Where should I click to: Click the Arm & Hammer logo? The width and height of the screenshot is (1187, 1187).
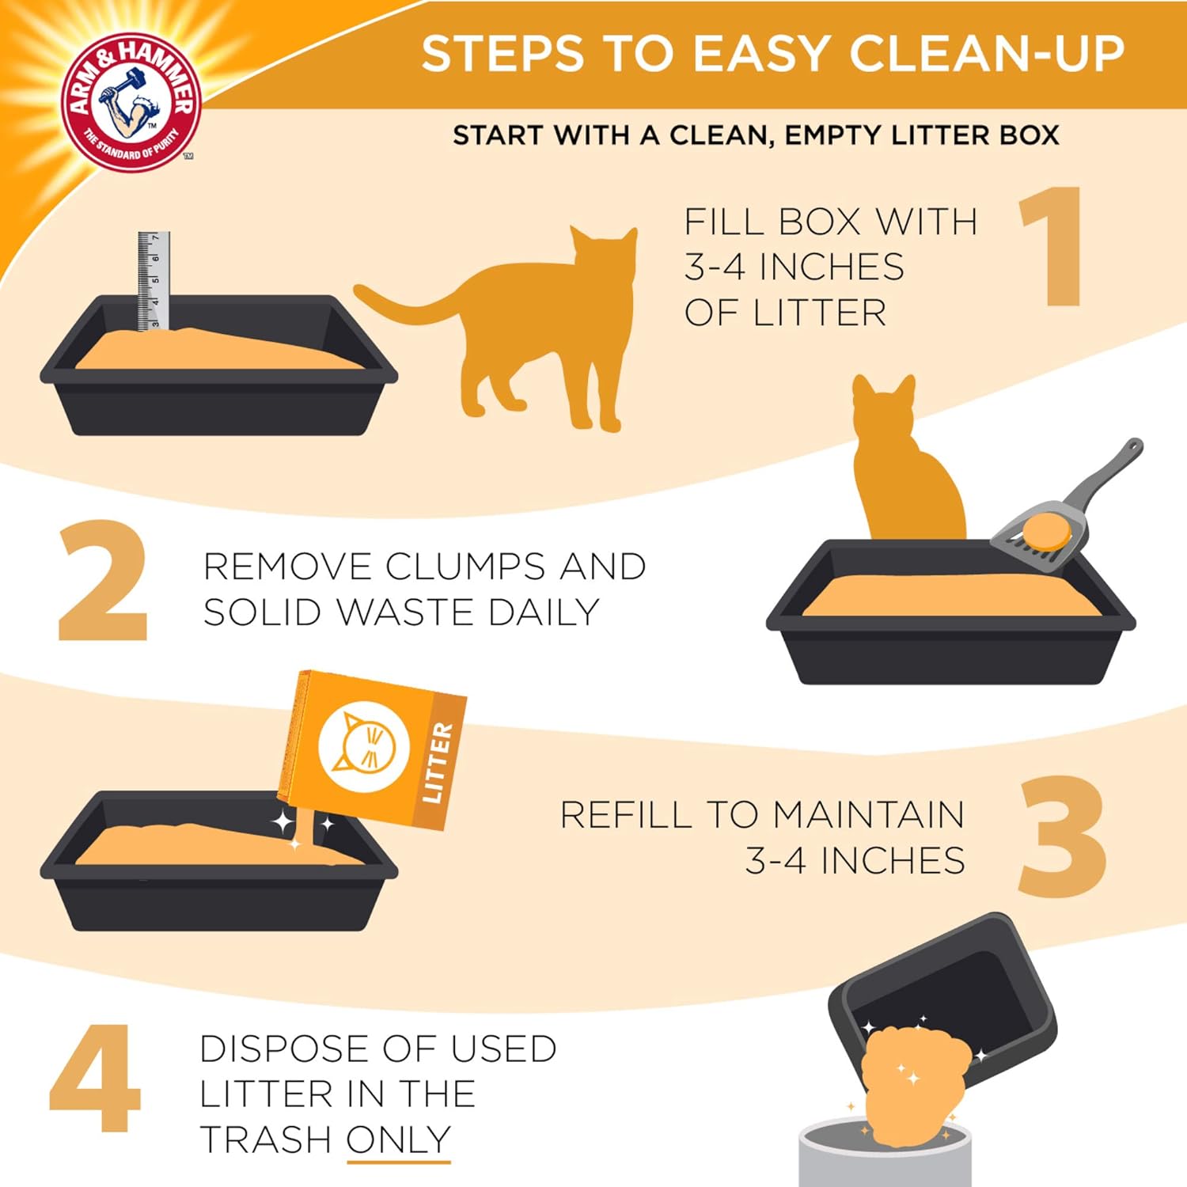pyautogui.click(x=131, y=101)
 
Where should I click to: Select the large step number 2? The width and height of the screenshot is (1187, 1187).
pyautogui.click(x=103, y=582)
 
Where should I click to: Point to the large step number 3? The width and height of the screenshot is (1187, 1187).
pyautogui.click(x=1062, y=837)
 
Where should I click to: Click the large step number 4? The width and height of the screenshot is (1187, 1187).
pyautogui.click(x=95, y=1078)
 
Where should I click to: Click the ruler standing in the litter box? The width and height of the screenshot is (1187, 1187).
pyautogui.click(x=154, y=281)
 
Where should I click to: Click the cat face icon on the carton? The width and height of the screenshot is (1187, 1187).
pyautogui.click(x=363, y=746)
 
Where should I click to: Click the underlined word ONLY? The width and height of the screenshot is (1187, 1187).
pyautogui.click(x=399, y=1140)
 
